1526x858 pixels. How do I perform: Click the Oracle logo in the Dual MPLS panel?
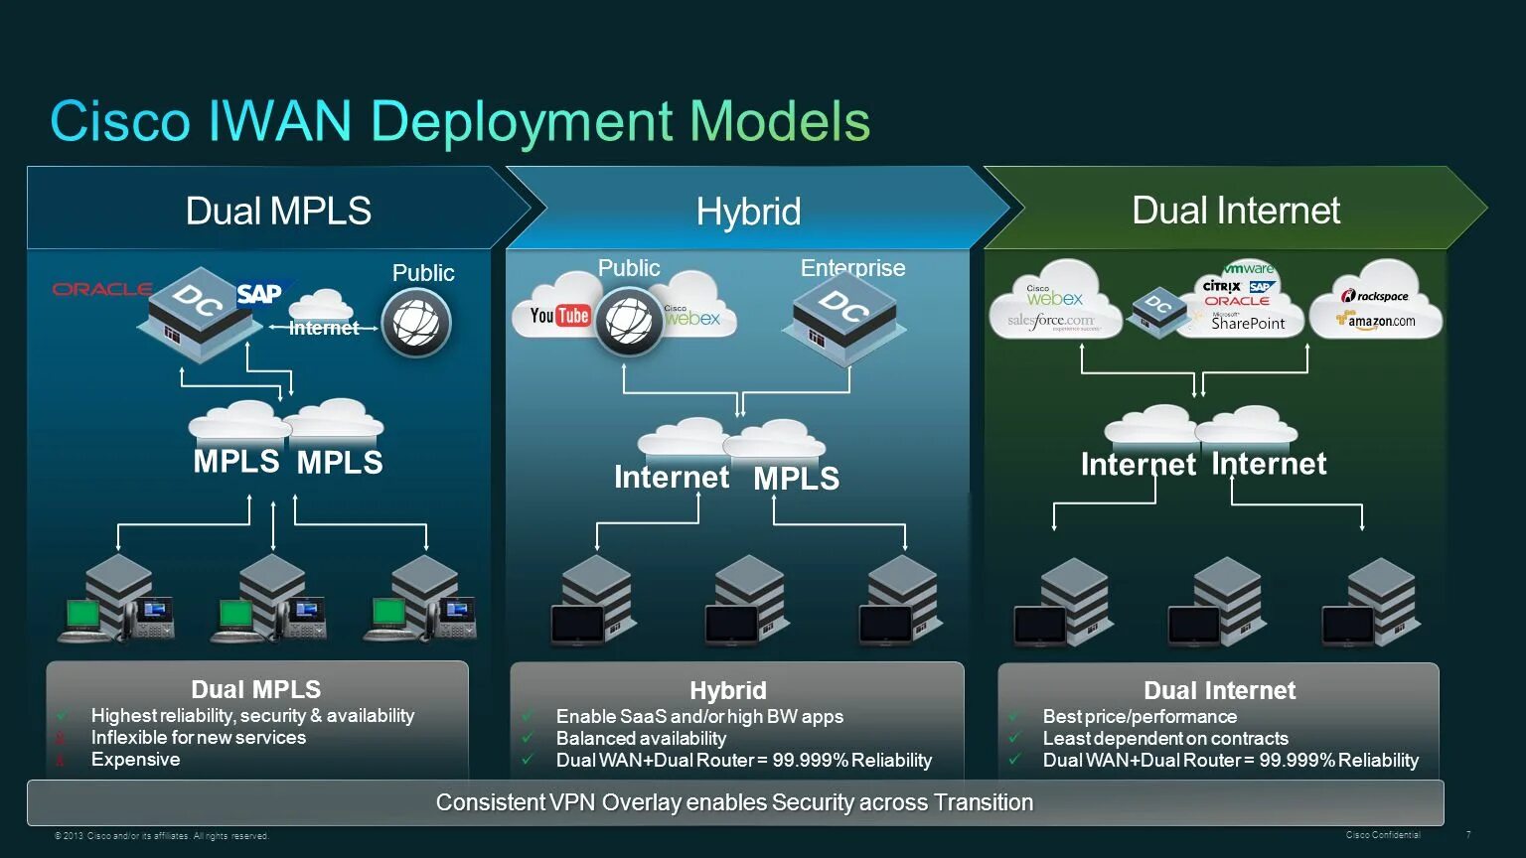point(101,289)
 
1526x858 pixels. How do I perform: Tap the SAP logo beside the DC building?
point(259,294)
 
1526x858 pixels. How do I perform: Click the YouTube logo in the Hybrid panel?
point(559,316)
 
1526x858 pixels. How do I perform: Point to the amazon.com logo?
point(1377,321)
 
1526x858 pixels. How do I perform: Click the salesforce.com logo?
point(1050,321)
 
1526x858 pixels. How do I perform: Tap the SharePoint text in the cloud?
point(1248,323)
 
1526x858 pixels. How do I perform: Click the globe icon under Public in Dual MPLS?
point(416,322)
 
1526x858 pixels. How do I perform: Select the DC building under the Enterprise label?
point(844,315)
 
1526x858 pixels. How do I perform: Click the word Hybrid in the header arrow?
point(748,212)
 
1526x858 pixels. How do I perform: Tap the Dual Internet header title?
point(1236,211)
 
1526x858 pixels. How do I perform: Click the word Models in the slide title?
point(780,121)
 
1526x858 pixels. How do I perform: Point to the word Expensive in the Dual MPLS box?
point(135,760)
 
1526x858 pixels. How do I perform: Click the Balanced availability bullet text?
point(641,738)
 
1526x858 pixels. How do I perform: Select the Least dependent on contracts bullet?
point(1164,738)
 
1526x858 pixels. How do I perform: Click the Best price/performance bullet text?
point(1140,716)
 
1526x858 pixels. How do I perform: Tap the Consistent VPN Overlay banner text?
point(734,802)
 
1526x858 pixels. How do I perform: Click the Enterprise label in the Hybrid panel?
point(852,267)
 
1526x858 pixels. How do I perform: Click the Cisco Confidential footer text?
point(1383,835)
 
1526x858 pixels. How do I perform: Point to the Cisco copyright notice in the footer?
point(161,836)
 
